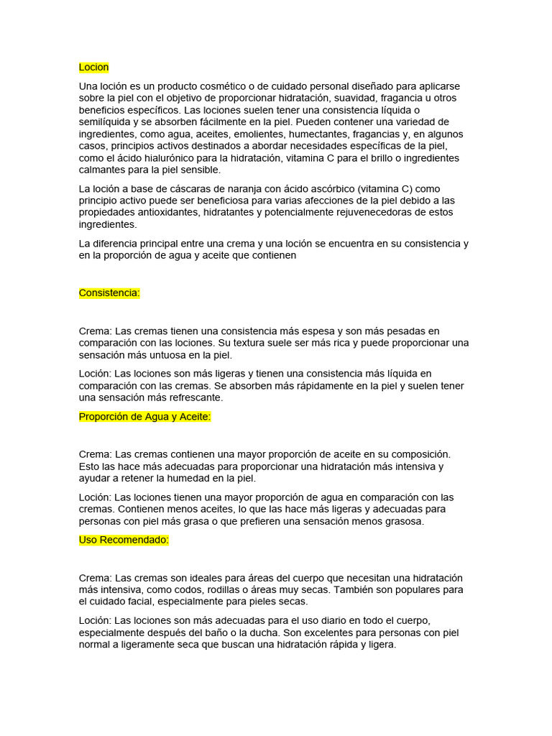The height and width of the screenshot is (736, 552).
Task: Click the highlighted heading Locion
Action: (x=93, y=68)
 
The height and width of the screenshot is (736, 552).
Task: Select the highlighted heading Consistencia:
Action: (x=109, y=293)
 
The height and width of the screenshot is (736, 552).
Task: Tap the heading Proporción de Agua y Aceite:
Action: (x=144, y=417)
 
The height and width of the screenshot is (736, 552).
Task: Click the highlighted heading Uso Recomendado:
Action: (x=124, y=540)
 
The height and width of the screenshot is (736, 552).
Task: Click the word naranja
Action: (x=254, y=188)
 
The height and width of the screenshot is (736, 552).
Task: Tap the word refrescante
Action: (x=195, y=397)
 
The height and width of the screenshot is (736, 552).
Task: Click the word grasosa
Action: (x=403, y=522)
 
